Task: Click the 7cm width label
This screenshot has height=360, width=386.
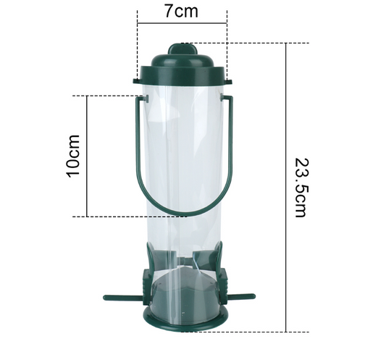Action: pos(181,12)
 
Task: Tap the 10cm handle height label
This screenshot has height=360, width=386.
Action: pos(73,156)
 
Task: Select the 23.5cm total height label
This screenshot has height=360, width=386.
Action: pos(301,188)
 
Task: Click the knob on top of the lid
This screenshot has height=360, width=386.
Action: pos(182,49)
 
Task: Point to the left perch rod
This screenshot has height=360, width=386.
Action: pos(122,298)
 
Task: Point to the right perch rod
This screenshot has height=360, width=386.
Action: pos(240,297)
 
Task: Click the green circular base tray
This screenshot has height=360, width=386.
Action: pos(185,325)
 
